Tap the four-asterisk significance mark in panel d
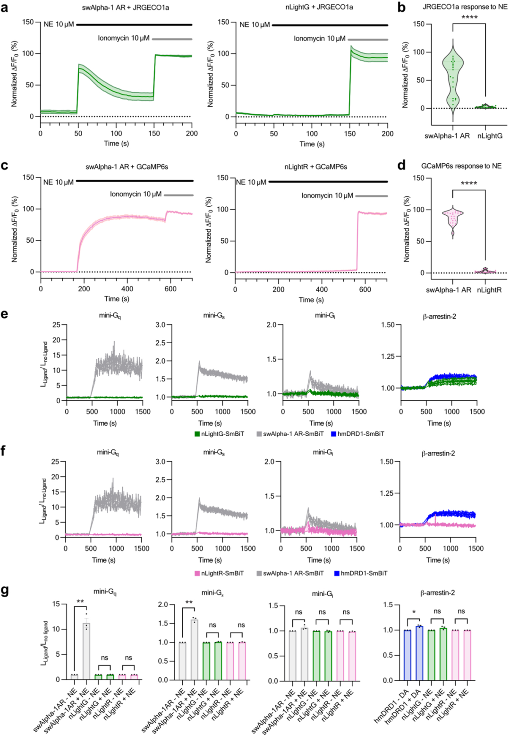[468, 184]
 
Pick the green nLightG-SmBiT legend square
[197, 434]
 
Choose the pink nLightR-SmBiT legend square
[197, 573]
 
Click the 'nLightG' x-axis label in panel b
[490, 136]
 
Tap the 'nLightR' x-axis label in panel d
[489, 290]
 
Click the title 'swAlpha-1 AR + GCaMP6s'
[127, 167]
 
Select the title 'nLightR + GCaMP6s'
[315, 167]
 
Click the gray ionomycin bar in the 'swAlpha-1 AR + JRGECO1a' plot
[172, 39]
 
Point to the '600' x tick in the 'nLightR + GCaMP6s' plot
[365, 289]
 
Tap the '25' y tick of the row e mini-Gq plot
[56, 325]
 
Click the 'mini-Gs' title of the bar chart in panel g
[212, 593]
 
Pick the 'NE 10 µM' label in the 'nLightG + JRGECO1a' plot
[255, 25]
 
